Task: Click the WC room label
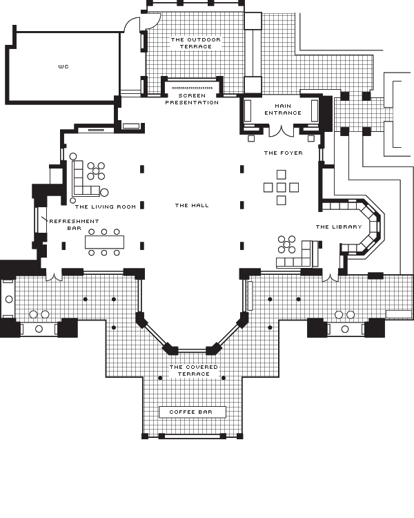pyautogui.click(x=63, y=67)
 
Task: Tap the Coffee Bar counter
pyautogui.click(x=193, y=412)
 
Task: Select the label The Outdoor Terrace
pyautogui.click(x=196, y=43)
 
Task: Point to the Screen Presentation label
pyautogui.click(x=192, y=99)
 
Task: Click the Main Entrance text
pyautogui.click(x=283, y=109)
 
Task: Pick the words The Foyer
pyautogui.click(x=284, y=153)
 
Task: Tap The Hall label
pyautogui.click(x=192, y=206)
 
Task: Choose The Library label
pyautogui.click(x=339, y=227)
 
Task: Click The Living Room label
pyautogui.click(x=106, y=207)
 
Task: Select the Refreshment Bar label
pyautogui.click(x=74, y=224)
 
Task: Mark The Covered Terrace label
pyautogui.click(x=194, y=370)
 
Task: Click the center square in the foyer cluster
pyautogui.click(x=281, y=188)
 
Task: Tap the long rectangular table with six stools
pyautogui.click(x=104, y=242)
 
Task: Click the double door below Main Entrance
pyautogui.click(x=281, y=132)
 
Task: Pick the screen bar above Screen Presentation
pyautogui.click(x=192, y=88)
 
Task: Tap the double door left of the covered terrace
pyautogui.click(x=54, y=277)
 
